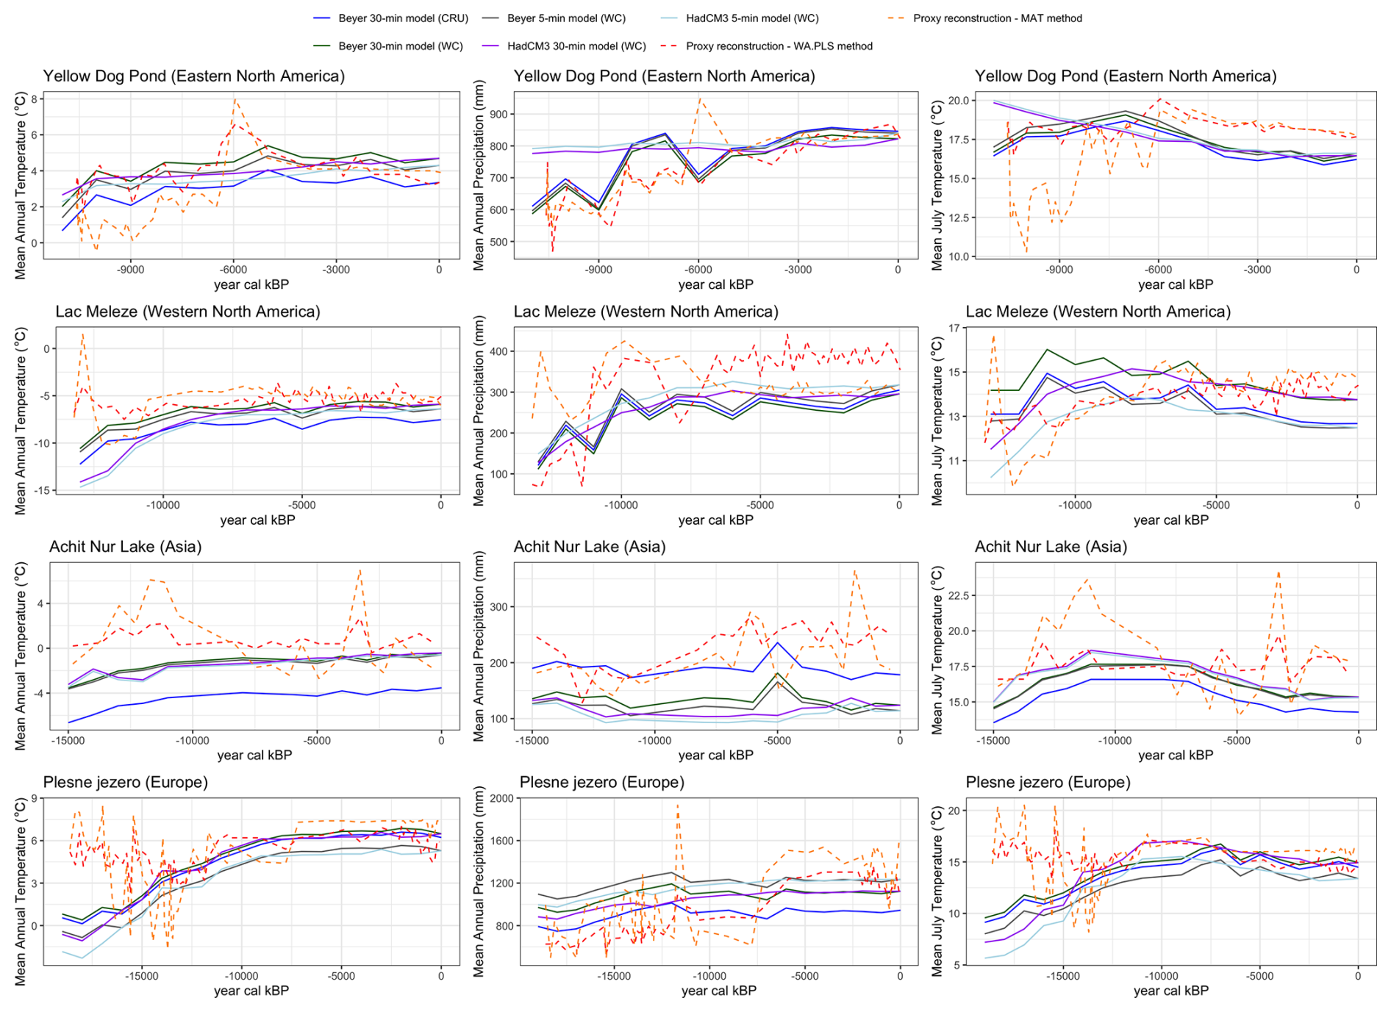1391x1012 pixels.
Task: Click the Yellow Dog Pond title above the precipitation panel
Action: tap(664, 76)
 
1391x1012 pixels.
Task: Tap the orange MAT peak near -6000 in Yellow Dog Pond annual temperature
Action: tap(235, 99)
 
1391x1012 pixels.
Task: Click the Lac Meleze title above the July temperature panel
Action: tap(1098, 312)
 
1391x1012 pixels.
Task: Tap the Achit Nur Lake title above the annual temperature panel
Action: tap(125, 547)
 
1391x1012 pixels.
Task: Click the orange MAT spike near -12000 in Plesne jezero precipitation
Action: tap(677, 806)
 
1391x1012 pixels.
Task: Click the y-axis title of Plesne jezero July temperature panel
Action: tap(937, 891)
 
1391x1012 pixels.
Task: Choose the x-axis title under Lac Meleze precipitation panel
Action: tap(715, 520)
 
